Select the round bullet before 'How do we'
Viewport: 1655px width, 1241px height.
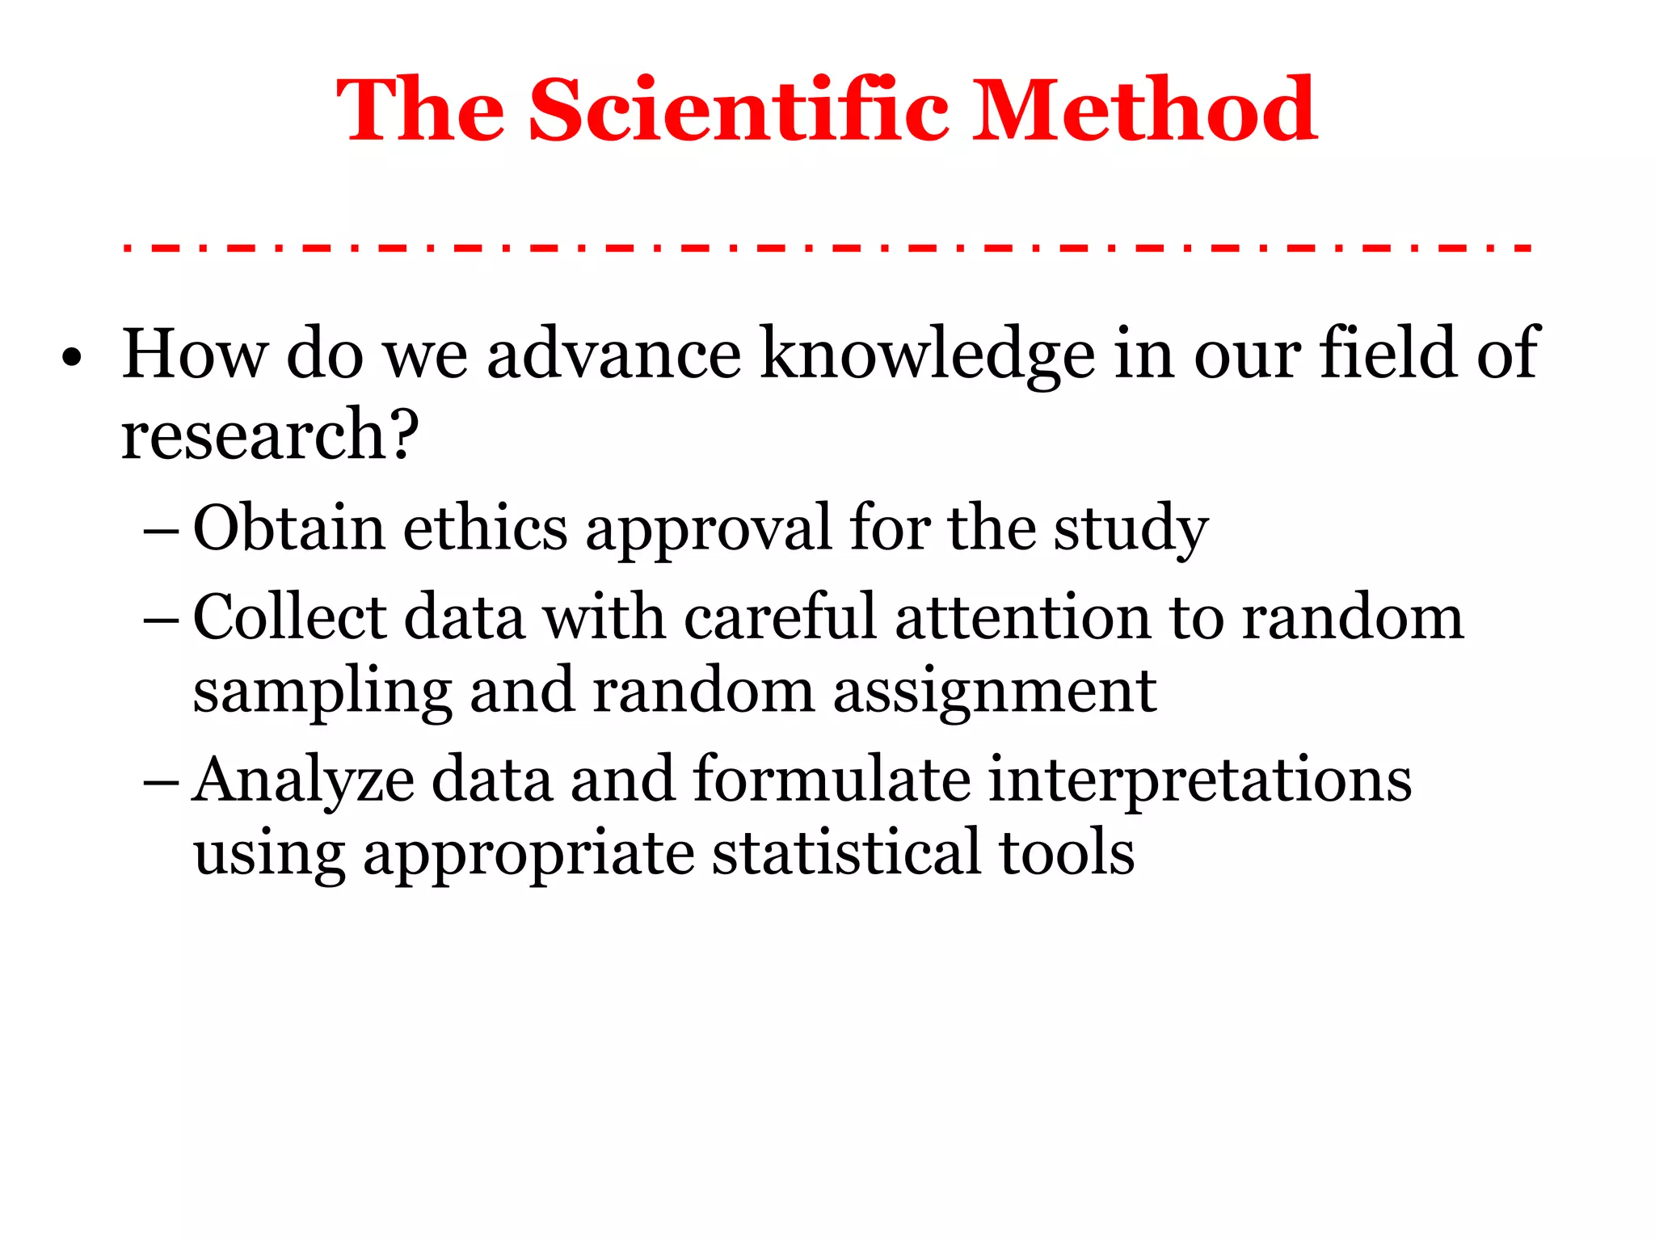[72, 357]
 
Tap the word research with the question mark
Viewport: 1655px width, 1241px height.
[270, 434]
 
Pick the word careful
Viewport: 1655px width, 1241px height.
[780, 617]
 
